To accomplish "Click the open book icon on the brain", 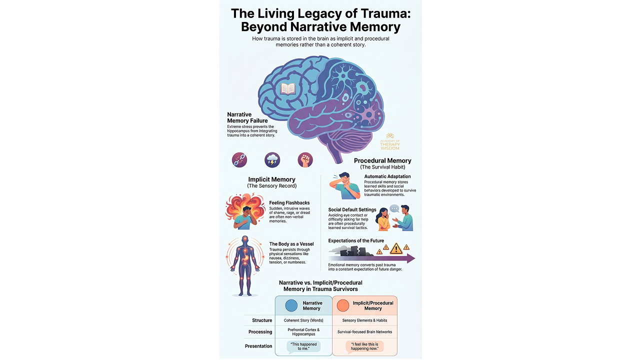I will coord(288,89).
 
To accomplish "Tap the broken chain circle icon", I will coord(239,160).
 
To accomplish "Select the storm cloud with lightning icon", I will coord(272,160).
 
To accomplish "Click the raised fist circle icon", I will coord(305,160).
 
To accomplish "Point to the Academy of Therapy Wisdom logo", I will coord(390,142).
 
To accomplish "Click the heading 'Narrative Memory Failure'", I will coord(247,117).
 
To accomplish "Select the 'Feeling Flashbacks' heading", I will coord(289,203).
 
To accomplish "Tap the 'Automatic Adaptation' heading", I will coord(387,176).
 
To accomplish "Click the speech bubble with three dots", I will coord(394,208).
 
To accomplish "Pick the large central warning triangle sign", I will coord(396,248).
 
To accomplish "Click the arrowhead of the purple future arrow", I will coord(411,258).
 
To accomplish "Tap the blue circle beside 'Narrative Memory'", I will coord(291,305).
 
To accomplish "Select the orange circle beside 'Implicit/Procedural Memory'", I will coord(343,305).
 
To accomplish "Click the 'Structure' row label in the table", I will coord(262,320).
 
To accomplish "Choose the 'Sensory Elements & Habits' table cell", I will coord(364,320).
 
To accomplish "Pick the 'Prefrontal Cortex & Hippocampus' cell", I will coord(303,332).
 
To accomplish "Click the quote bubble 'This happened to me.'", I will coord(303,346).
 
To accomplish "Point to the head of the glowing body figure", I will coord(244,240).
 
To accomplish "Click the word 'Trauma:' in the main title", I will coord(384,13).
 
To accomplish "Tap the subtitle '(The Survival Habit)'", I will coord(382,167).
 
